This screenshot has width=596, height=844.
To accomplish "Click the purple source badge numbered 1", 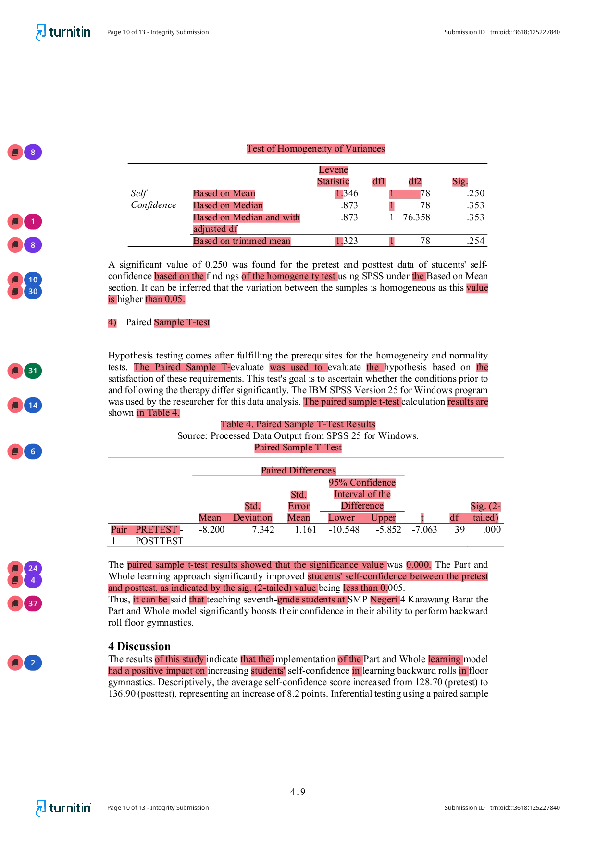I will [33, 222].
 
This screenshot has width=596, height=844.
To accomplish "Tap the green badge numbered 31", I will [33, 371].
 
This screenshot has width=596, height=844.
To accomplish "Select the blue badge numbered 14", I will [33, 406].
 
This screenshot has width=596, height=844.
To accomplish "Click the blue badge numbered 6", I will [33, 452].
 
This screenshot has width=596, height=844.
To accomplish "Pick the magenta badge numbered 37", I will [33, 604].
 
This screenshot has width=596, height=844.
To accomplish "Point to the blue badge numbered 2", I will [33, 663].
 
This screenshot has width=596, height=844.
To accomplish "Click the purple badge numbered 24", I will [33, 568].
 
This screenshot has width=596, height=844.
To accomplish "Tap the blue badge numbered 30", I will [33, 292].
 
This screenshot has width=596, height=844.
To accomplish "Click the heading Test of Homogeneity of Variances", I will [316, 149].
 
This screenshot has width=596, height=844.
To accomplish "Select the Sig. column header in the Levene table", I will [459, 181].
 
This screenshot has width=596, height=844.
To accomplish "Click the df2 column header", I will [415, 181].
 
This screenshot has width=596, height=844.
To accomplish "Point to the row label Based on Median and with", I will [247, 217].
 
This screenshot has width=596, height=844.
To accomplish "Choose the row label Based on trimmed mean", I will [242, 241].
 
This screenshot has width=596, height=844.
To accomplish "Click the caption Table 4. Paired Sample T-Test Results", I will [298, 424].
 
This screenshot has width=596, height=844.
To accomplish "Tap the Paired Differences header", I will [298, 471].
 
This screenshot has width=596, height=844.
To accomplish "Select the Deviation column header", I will [252, 518].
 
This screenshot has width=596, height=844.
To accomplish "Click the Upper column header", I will [384, 518].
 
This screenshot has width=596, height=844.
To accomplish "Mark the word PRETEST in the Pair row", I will [156, 530].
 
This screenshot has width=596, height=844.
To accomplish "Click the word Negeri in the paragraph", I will [384, 600].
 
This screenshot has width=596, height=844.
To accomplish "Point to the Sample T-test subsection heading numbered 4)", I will [182, 322].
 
